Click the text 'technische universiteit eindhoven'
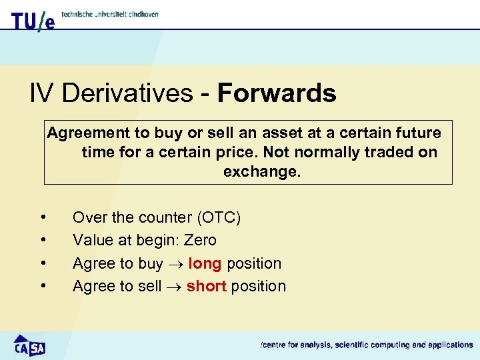(109, 14)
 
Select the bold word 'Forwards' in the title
(276, 93)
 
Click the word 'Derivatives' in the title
(126, 93)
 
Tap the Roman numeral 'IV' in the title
(41, 93)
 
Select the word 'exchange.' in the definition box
(262, 171)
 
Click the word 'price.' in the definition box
(245, 152)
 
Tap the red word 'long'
(205, 263)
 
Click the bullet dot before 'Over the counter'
(43, 217)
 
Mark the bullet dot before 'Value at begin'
(43, 239)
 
